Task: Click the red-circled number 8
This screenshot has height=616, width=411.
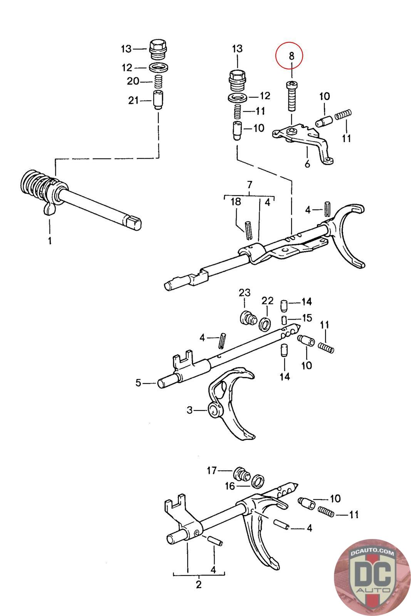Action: pos(292,56)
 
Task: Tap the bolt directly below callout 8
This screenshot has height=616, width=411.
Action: pos(292,96)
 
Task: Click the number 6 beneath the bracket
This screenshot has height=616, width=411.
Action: pos(307,164)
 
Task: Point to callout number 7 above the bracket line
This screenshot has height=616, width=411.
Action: pos(249,184)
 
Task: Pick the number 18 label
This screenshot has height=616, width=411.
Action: pos(236,201)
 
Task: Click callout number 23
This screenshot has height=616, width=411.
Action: pos(245,293)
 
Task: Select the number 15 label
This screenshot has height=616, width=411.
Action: pos(307,318)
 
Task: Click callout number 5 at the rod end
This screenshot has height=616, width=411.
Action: pos(138,383)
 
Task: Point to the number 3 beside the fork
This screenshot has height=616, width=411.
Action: pos(190,410)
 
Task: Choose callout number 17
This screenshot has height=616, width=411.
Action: pos(212,470)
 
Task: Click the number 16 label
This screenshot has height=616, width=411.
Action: pos(230,486)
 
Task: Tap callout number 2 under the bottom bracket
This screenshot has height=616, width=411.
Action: pos(199,585)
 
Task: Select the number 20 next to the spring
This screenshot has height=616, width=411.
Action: pos(133,82)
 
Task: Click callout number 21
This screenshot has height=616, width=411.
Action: pos(133,101)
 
